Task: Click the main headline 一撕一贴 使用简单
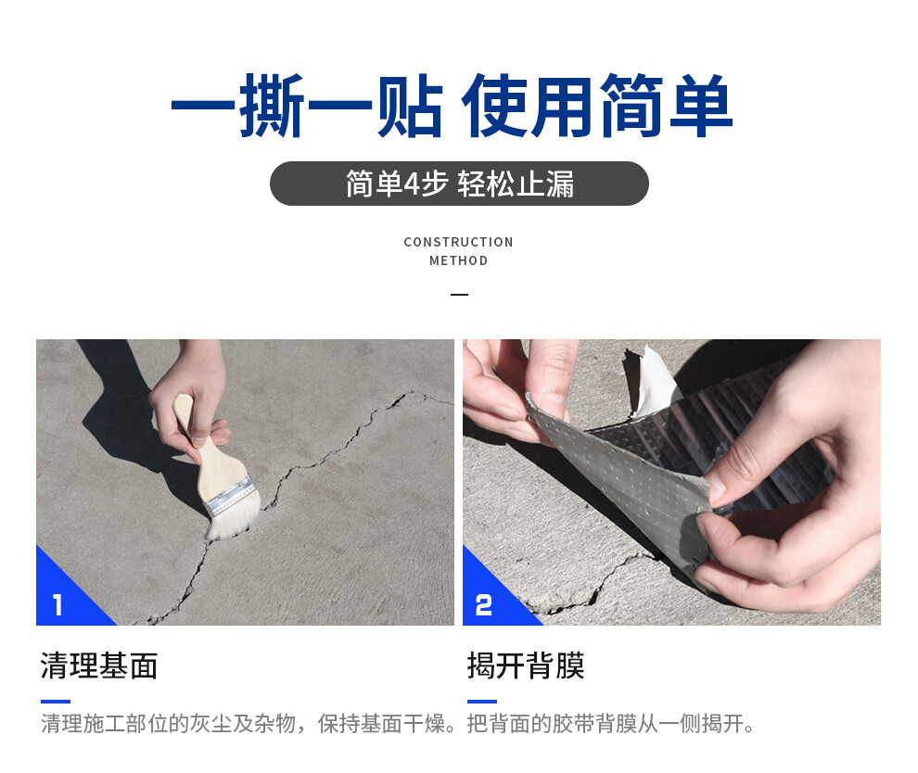[x=452, y=107]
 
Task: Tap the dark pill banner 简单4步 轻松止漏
[x=459, y=184]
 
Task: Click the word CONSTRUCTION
[x=458, y=242]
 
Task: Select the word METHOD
[x=458, y=260]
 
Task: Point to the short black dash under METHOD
[x=459, y=295]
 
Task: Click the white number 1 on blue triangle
[x=58, y=605]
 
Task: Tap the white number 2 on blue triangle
[x=484, y=605]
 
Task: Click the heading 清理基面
[x=99, y=665]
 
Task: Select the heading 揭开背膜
[x=526, y=665]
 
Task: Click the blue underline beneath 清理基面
[x=56, y=701]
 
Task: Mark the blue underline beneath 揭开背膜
[x=482, y=701]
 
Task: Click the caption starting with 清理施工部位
[x=250, y=724]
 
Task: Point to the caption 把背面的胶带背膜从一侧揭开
[x=612, y=724]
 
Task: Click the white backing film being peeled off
[x=655, y=379]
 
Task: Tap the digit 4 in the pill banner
[x=413, y=184]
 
